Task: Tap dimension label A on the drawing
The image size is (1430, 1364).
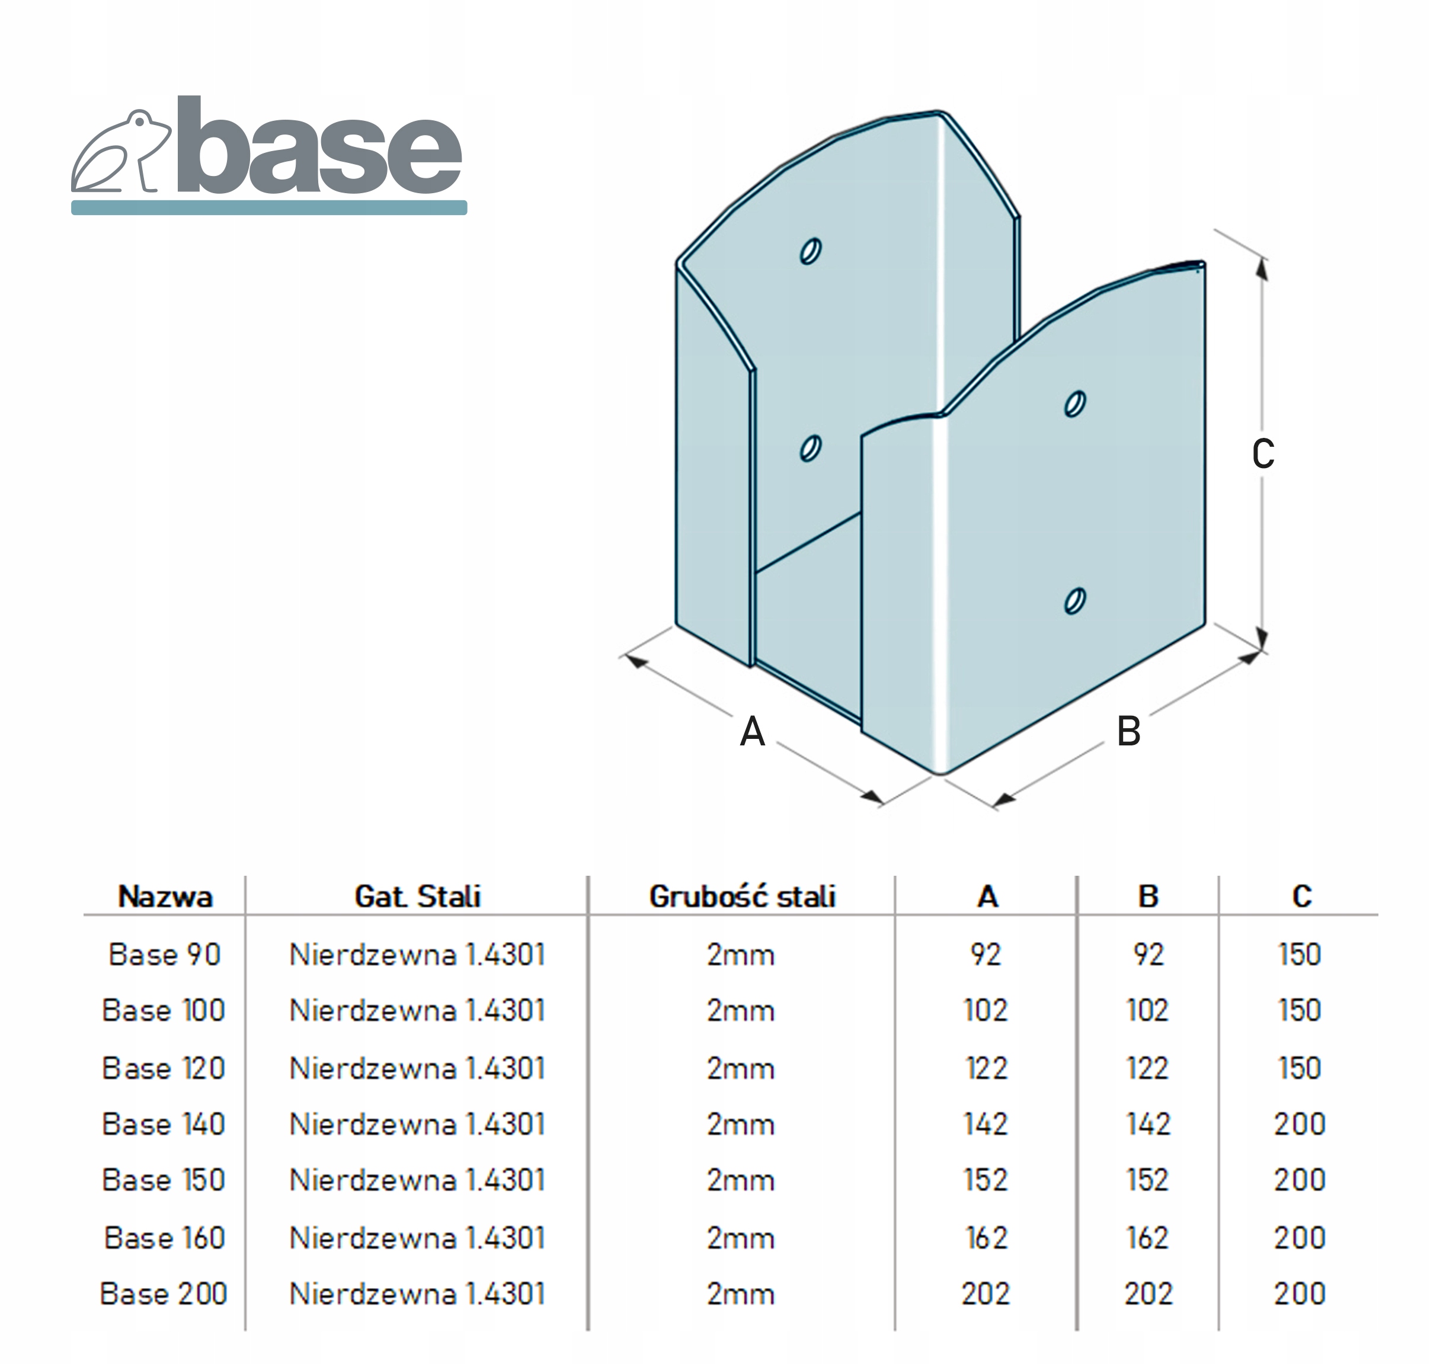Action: pos(752,731)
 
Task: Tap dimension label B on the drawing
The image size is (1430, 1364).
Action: pos(1128,731)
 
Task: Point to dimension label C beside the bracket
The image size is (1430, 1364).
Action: pos(1263,454)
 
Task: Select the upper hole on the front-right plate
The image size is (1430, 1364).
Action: pos(1074,404)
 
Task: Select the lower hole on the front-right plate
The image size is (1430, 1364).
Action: pos(1074,601)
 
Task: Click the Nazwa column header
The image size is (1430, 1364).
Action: pos(165,896)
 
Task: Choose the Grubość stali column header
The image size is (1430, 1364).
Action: pos(742,896)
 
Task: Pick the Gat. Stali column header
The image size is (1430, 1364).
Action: pos(418,896)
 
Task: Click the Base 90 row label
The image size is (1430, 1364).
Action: pos(164,955)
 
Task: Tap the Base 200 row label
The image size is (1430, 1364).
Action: pos(164,1293)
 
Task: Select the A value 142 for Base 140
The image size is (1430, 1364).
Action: pos(986,1124)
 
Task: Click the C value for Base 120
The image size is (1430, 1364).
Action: pos(1300,1068)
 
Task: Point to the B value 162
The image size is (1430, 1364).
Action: pos(1148,1237)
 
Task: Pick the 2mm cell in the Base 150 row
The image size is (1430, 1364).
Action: pos(740,1180)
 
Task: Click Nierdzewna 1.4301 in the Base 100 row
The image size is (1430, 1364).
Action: pos(418,1011)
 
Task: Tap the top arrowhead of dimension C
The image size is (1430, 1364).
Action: pos(1262,269)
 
